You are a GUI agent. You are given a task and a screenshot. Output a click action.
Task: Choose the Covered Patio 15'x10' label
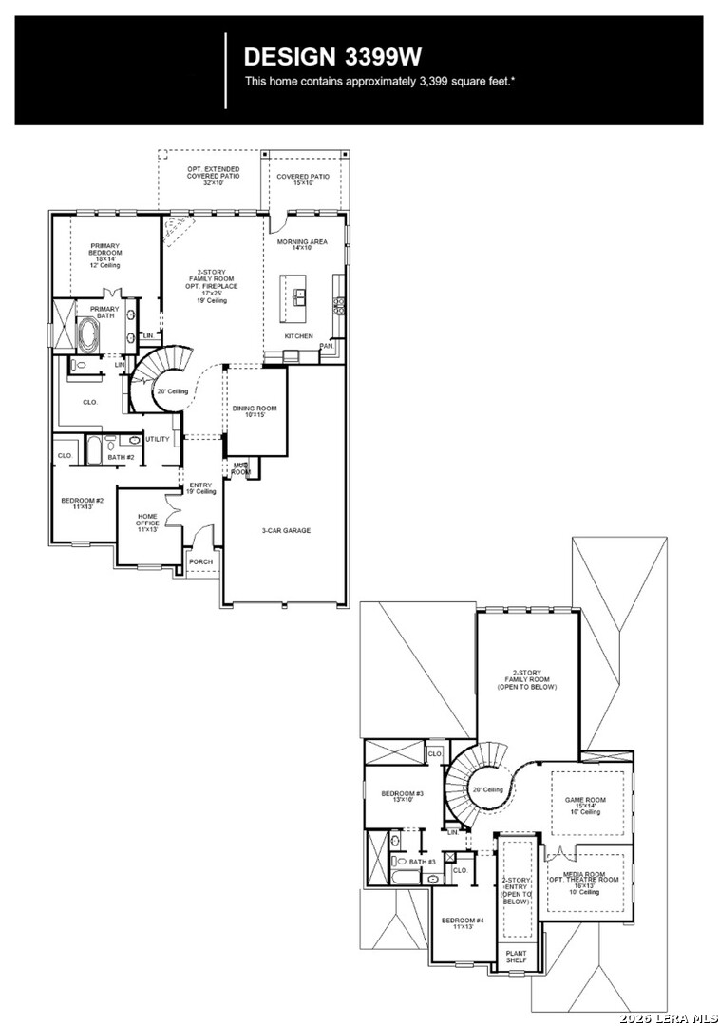303,180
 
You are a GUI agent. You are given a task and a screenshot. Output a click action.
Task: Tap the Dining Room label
255,411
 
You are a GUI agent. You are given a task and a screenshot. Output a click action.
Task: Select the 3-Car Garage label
286,530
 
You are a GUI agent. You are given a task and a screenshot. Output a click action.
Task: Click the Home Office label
147,522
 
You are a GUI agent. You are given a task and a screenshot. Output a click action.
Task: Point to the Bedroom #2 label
83,503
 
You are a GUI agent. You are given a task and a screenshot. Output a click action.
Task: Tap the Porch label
200,561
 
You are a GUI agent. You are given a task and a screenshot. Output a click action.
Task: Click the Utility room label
158,439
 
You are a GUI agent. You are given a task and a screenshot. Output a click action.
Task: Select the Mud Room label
241,468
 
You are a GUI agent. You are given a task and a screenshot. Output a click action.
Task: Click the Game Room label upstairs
586,806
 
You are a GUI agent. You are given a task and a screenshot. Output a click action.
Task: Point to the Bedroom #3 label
402,796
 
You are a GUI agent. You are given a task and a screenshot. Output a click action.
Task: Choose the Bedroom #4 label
463,922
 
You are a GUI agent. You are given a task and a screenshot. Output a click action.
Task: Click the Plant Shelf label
516,957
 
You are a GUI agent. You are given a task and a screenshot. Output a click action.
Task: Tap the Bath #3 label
424,862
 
